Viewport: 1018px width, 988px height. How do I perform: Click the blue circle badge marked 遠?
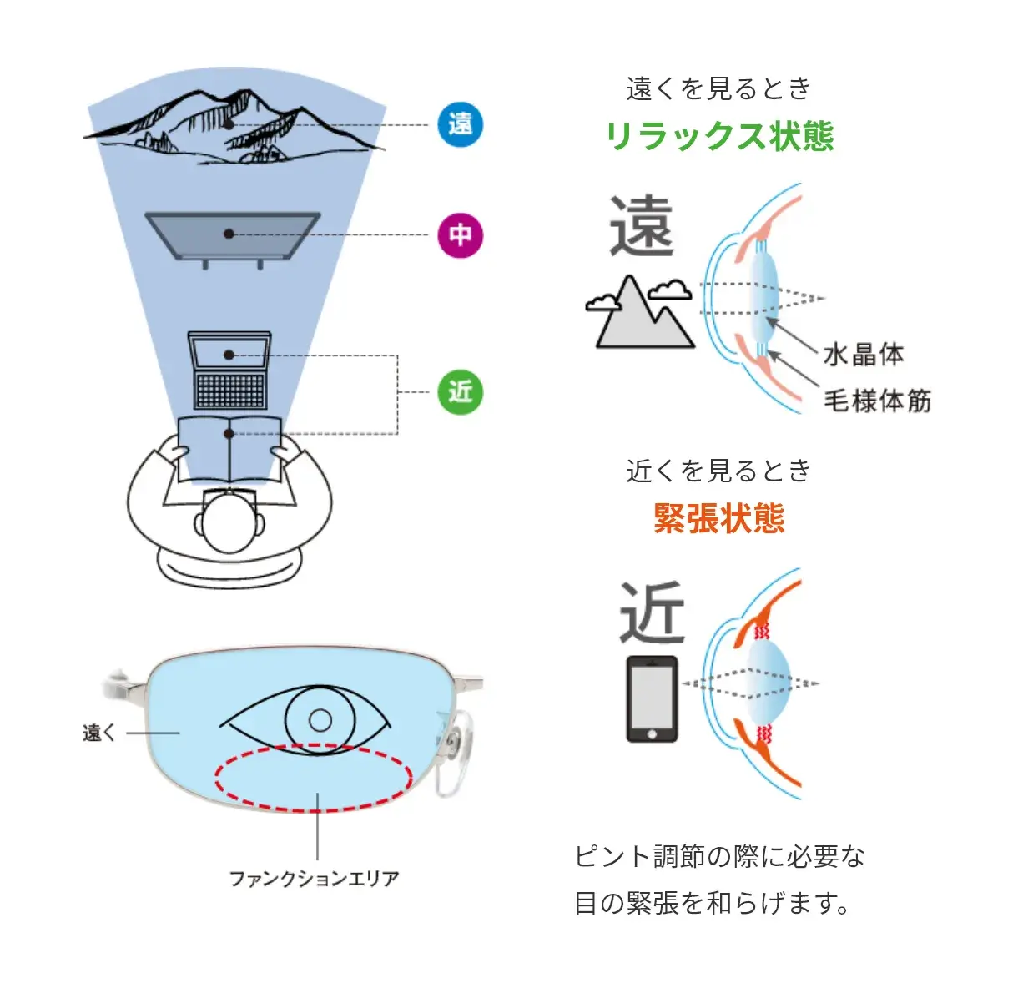[461, 124]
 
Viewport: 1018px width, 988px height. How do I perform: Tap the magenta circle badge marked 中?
[461, 234]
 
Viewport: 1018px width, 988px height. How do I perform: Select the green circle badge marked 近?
[461, 391]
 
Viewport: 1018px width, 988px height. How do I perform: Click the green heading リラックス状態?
[719, 136]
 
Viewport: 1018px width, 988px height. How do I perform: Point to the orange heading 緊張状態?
[719, 518]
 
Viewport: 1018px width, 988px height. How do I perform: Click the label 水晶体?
[864, 354]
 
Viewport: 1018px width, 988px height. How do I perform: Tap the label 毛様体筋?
[877, 401]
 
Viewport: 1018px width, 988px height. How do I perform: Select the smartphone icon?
[652, 699]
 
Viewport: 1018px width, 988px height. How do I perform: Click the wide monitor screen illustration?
[231, 235]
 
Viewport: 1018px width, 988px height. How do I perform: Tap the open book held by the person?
[229, 449]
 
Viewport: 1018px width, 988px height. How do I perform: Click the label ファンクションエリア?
[315, 878]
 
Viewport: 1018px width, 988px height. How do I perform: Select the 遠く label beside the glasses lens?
[99, 733]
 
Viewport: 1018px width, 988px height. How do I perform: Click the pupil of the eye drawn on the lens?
[320, 719]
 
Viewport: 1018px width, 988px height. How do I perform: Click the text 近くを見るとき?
[718, 471]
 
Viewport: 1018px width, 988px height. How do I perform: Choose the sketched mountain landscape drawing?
[234, 128]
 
